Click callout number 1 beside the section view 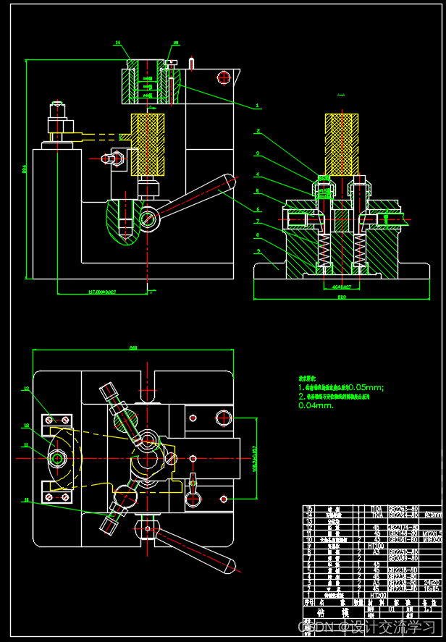258,106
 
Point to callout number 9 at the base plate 258,251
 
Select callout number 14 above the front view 117,43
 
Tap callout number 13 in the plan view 26,389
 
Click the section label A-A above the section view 341,95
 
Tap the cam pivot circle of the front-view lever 148,218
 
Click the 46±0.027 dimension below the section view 340,287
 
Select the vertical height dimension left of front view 26,170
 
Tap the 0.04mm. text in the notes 316,405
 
